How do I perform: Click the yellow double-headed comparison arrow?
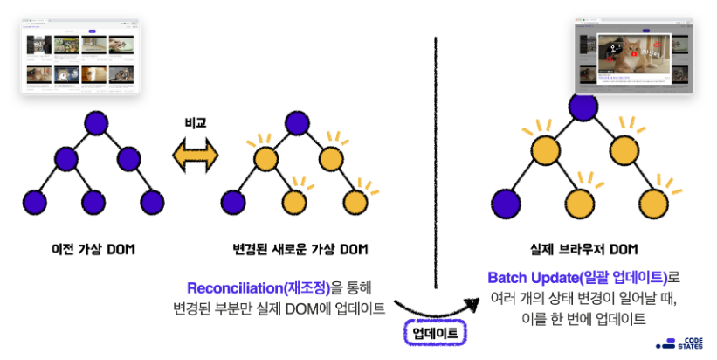[195, 158]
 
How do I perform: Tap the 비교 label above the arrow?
[195, 124]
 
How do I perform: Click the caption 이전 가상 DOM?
[94, 250]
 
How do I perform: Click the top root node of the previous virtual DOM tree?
[95, 121]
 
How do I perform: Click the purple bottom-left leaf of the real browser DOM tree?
[505, 204]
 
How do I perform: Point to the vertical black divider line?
[435, 157]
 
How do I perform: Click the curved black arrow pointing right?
[437, 308]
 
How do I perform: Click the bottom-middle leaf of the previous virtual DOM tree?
[95, 201]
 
